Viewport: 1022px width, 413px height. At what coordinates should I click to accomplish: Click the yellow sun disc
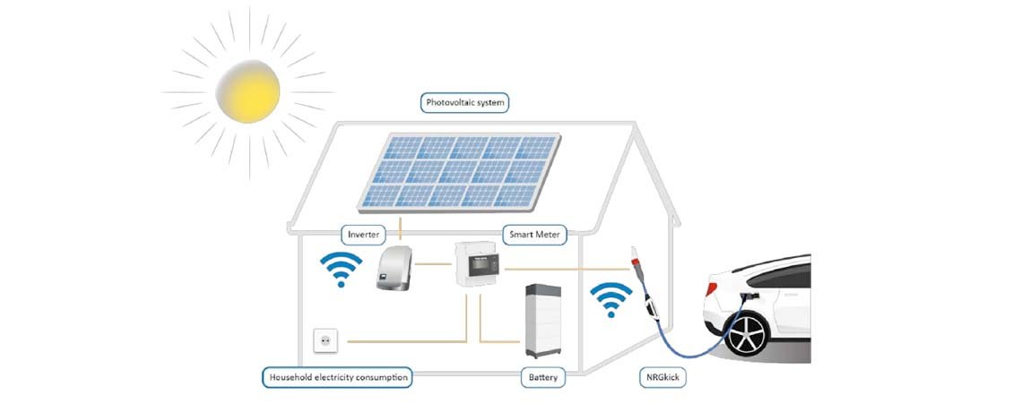tap(248, 90)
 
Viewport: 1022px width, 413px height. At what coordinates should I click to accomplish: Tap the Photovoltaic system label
tap(464, 103)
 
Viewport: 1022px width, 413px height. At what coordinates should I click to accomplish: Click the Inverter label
tap(365, 235)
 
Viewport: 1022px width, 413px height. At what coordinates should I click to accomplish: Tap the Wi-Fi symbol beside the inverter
tap(341, 269)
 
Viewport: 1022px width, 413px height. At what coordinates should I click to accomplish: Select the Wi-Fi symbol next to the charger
tap(611, 299)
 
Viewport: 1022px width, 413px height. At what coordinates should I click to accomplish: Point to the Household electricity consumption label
tap(338, 377)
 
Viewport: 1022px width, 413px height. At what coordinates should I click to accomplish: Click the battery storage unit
tap(548, 318)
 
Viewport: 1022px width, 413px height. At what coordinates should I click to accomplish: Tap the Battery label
tap(542, 377)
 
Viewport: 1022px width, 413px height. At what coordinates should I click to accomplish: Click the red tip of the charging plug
tap(639, 265)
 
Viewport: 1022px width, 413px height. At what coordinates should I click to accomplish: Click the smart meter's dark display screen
tap(484, 265)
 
